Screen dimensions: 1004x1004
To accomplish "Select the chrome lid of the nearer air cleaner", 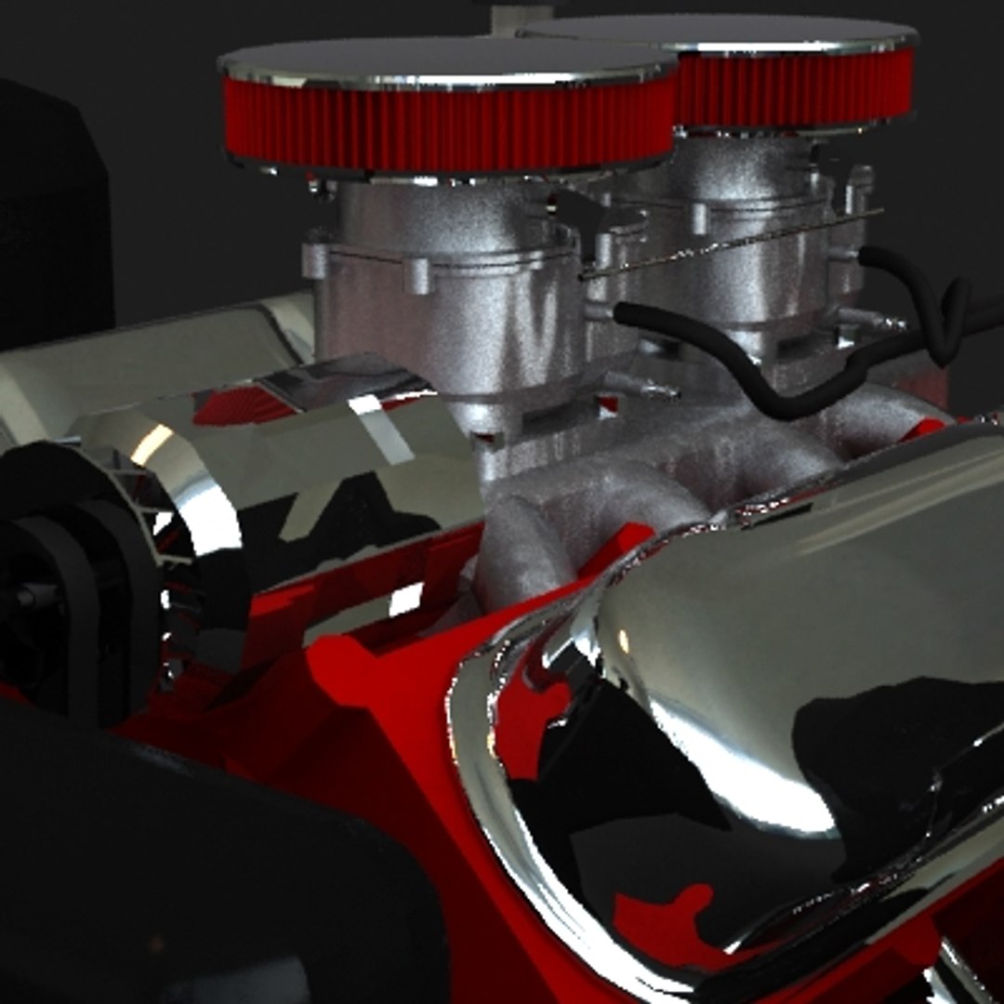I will [x=446, y=61].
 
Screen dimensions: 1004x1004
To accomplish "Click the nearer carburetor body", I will [x=446, y=316].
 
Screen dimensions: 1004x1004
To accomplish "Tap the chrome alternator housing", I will [x=279, y=465].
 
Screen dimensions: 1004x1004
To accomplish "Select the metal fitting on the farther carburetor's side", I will [x=874, y=322].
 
